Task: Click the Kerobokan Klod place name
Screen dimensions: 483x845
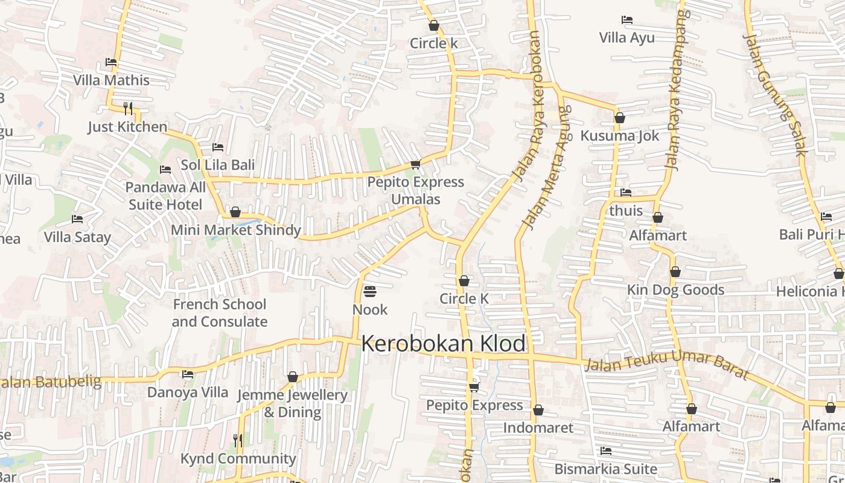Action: click(444, 344)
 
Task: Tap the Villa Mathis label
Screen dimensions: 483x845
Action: click(111, 80)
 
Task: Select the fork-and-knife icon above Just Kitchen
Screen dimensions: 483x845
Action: click(127, 109)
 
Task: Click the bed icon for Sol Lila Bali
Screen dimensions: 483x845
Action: click(218, 147)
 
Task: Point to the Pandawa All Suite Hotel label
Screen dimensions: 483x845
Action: click(165, 196)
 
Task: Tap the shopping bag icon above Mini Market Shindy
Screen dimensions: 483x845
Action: click(235, 213)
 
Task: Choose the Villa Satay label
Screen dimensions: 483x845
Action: click(77, 237)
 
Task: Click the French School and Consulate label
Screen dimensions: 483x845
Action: click(219, 313)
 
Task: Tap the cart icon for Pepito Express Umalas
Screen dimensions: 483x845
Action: click(415, 164)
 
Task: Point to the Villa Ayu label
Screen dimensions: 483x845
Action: click(627, 38)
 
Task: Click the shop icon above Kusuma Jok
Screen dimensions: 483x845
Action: click(619, 118)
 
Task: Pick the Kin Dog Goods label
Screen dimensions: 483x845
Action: click(675, 290)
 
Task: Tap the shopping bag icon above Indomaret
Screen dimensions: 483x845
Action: click(538, 411)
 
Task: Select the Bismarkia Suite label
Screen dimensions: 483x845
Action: click(605, 469)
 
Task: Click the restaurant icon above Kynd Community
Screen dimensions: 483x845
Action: click(238, 441)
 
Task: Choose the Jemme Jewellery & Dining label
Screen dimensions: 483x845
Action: click(293, 404)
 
